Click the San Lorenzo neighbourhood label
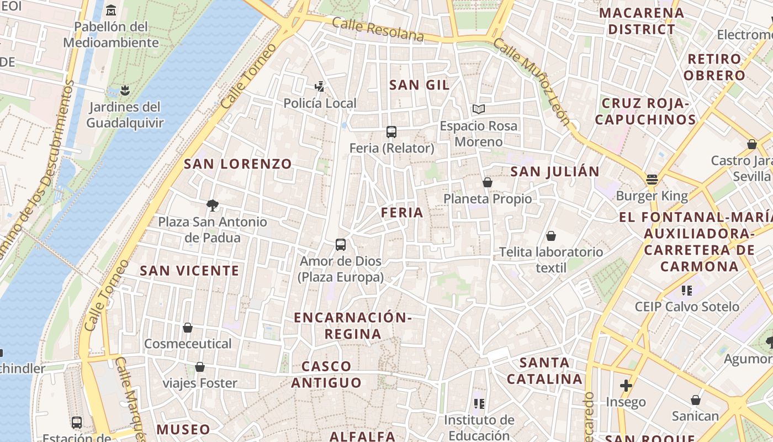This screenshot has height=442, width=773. pyautogui.click(x=237, y=164)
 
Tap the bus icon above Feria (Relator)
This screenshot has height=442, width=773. pyautogui.click(x=391, y=131)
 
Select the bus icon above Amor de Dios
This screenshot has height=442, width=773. pyautogui.click(x=341, y=244)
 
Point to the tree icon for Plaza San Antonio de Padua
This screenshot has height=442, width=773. pyautogui.click(x=212, y=206)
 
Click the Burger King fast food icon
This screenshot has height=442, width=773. pyautogui.click(x=652, y=180)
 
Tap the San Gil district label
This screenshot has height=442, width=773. pyautogui.click(x=419, y=85)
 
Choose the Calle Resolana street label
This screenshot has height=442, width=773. pyautogui.click(x=378, y=30)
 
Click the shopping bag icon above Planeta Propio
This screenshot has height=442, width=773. pyautogui.click(x=487, y=182)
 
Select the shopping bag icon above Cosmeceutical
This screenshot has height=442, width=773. pyautogui.click(x=188, y=328)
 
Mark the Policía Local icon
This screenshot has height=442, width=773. pyautogui.click(x=319, y=86)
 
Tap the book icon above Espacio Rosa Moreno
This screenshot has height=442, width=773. pyautogui.click(x=478, y=109)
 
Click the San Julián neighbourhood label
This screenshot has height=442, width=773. pyautogui.click(x=554, y=172)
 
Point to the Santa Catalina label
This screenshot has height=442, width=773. pyautogui.click(x=544, y=371)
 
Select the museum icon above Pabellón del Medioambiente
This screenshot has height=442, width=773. pyautogui.click(x=111, y=10)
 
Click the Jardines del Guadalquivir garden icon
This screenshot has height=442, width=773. pyautogui.click(x=124, y=90)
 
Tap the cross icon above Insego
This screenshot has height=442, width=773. pyautogui.click(x=626, y=385)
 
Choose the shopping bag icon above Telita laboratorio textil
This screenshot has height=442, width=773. pyautogui.click(x=550, y=236)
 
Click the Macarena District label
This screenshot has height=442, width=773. pyautogui.click(x=641, y=21)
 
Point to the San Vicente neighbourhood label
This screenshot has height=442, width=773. pyautogui.click(x=189, y=271)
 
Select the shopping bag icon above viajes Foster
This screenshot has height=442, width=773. pyautogui.click(x=200, y=367)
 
